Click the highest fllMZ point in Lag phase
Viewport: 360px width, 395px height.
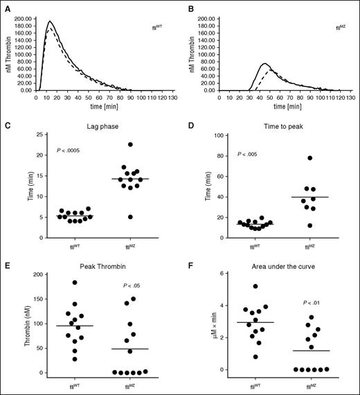[129, 144]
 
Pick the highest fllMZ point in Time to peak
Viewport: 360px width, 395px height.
[311, 158]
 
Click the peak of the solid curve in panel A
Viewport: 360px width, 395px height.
[50, 21]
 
